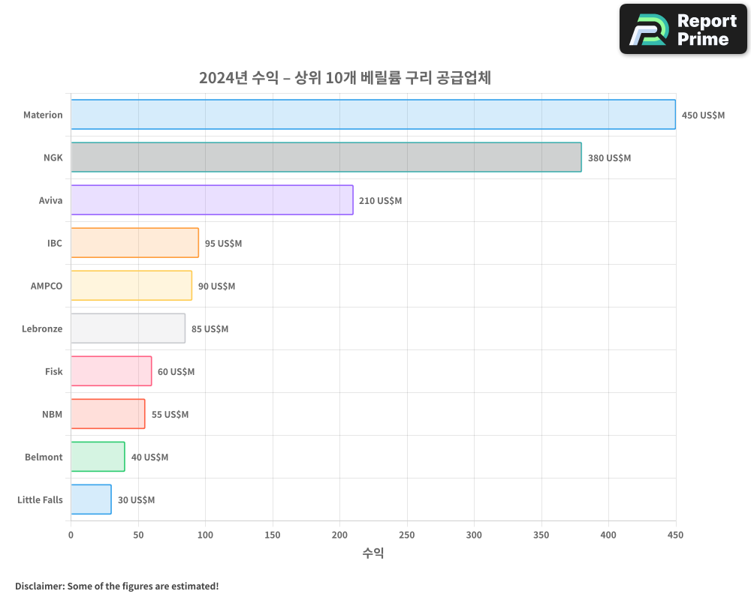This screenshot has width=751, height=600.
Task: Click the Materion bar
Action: pyautogui.click(x=373, y=115)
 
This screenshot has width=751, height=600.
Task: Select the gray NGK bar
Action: pyautogui.click(x=326, y=157)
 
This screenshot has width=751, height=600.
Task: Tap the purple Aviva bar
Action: pyautogui.click(x=212, y=200)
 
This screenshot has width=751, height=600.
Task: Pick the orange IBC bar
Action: pyautogui.click(x=134, y=243)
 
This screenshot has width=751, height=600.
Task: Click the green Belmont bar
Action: pyautogui.click(x=98, y=457)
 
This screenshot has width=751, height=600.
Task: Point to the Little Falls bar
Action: pyautogui.click(x=91, y=499)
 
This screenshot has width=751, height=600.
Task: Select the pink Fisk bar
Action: pyautogui.click(x=111, y=371)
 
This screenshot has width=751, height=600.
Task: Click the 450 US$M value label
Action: pyautogui.click(x=703, y=115)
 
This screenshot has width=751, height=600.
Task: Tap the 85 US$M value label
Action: pyautogui.click(x=210, y=329)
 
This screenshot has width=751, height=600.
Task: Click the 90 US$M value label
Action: pyautogui.click(x=216, y=286)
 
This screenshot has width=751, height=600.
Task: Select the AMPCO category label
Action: pyautogui.click(x=47, y=286)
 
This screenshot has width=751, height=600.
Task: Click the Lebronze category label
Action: pyautogui.click(x=42, y=328)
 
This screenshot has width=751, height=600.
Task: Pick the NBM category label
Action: pyautogui.click(x=52, y=414)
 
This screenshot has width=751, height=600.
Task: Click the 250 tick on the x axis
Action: pyautogui.click(x=406, y=535)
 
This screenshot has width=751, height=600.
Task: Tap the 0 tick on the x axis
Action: pyautogui.click(x=71, y=535)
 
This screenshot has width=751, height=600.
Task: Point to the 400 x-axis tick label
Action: pyautogui.click(x=608, y=535)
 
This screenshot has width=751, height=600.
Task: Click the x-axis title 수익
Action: pyautogui.click(x=373, y=553)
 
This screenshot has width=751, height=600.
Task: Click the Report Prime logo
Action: pyautogui.click(x=683, y=29)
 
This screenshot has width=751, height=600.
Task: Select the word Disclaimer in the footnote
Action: pyautogui.click(x=39, y=586)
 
